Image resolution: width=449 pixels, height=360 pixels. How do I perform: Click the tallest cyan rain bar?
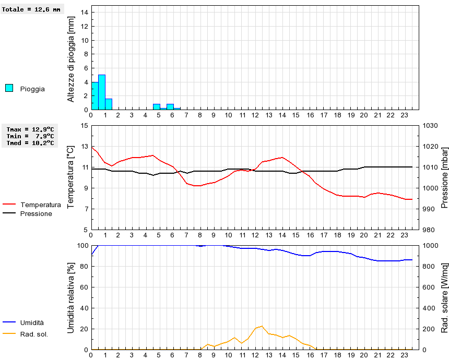click(102, 92)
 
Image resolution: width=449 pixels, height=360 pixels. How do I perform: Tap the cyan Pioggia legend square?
click(9, 88)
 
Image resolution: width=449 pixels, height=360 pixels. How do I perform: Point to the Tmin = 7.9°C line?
click(30, 136)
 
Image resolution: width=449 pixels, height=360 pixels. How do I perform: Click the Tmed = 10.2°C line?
click(30, 142)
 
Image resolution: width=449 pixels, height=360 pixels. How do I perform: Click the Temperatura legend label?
click(40, 205)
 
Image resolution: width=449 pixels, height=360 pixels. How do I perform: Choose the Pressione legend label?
click(36, 213)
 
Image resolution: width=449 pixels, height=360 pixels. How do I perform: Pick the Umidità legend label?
click(32, 323)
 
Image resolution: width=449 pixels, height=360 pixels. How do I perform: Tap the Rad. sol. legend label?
click(34, 334)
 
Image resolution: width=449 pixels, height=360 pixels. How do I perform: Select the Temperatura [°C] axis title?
click(71, 177)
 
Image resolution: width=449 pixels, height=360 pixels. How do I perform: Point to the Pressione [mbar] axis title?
click(445, 177)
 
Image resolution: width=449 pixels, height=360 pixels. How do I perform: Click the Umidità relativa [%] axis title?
click(71, 297)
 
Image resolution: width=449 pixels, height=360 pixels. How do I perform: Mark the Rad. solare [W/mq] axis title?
click(445, 297)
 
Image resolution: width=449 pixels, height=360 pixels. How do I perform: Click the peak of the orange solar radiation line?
click(262, 326)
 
